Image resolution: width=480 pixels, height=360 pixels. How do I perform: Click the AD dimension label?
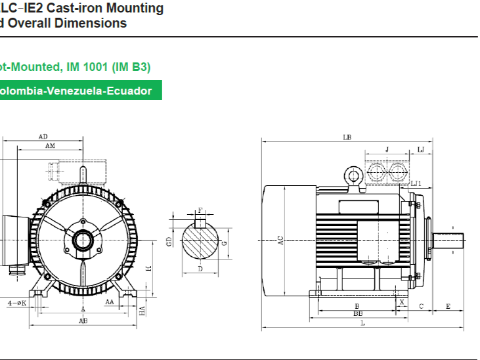43,137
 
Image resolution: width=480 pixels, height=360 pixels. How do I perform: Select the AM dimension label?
50,146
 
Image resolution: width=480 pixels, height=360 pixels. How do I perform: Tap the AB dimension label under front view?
83,321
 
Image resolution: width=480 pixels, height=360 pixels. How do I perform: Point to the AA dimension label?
110,302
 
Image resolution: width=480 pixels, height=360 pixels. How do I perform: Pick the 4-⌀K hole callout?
16,303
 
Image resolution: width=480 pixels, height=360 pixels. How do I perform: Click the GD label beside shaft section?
169,242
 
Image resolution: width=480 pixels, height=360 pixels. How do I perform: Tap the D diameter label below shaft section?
200,269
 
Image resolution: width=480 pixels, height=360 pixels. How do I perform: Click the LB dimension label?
346,137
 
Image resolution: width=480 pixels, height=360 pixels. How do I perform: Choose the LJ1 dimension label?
416,183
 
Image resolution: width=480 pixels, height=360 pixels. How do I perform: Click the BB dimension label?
358,314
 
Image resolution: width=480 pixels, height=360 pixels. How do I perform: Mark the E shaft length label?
448,306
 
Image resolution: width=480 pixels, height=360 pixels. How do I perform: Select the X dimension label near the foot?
402,302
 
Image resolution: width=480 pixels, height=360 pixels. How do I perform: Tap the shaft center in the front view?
83,240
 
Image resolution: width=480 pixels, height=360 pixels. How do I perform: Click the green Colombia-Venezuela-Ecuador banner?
79,91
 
